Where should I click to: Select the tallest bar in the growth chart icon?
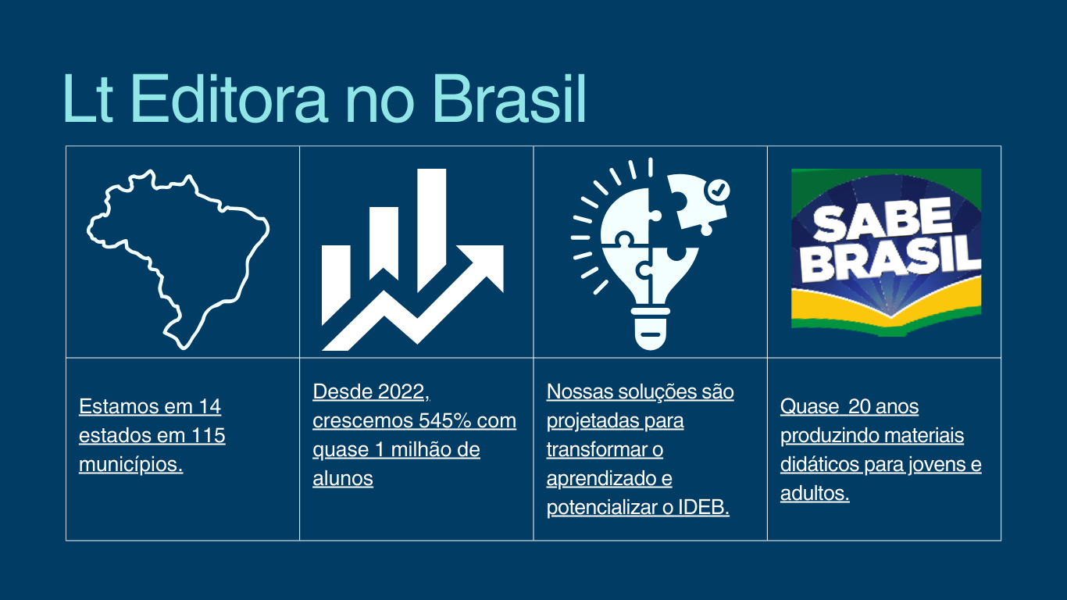click(431, 230)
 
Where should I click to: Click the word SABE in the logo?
click(882, 220)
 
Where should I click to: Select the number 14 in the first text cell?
click(210, 406)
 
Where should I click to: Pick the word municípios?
click(131, 465)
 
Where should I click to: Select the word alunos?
click(343, 478)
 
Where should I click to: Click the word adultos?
click(815, 494)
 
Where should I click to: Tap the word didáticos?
click(819, 465)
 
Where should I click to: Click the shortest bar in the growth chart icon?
click(336, 285)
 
